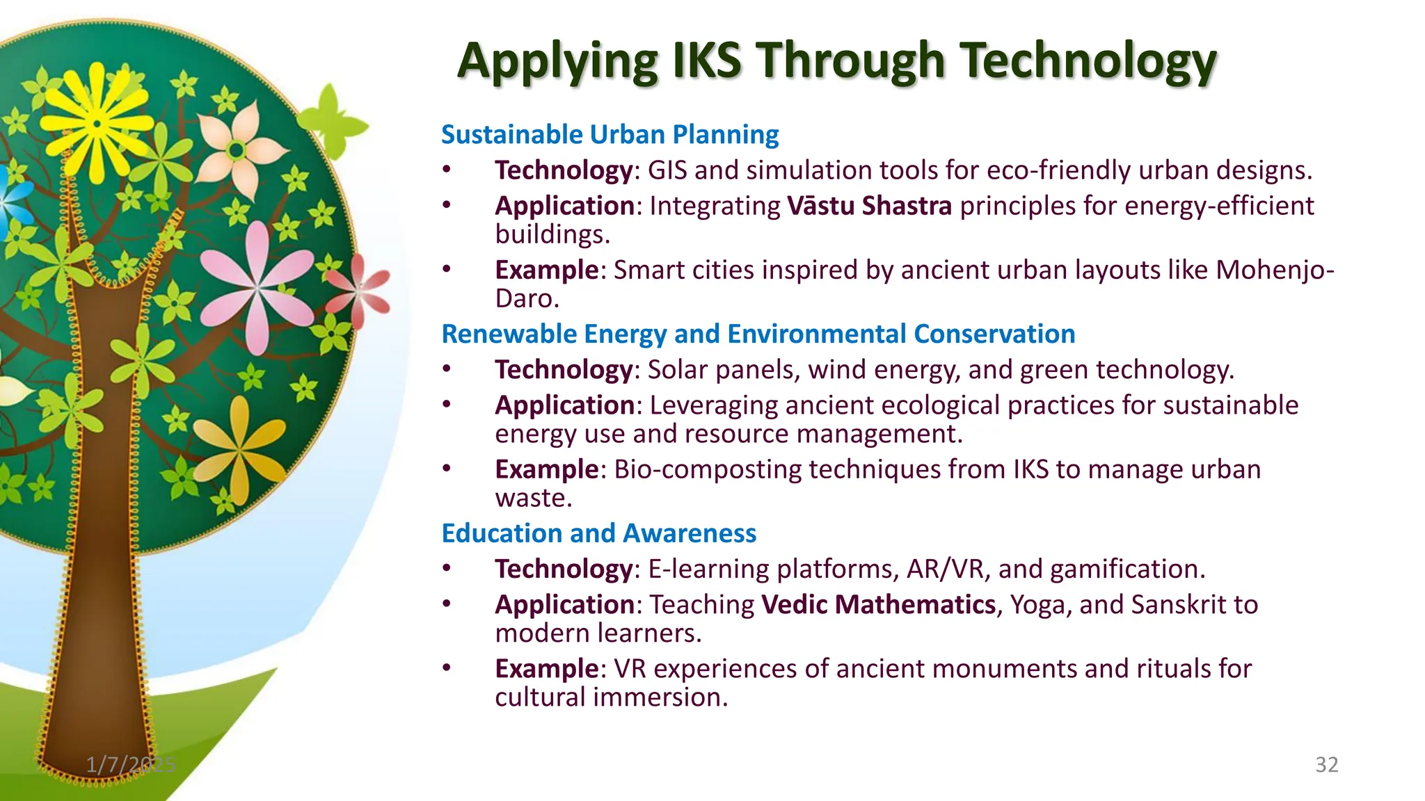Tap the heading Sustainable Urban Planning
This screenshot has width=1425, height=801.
pyautogui.click(x=610, y=134)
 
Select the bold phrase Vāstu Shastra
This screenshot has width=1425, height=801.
pyautogui.click(x=869, y=206)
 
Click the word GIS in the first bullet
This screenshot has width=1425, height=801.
pyautogui.click(x=667, y=170)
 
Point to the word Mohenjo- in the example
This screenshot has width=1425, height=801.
pyautogui.click(x=1275, y=270)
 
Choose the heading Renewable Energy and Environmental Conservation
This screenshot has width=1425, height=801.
pyautogui.click(x=758, y=334)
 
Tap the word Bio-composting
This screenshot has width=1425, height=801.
pyautogui.click(x=707, y=469)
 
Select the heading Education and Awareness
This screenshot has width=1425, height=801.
pyautogui.click(x=598, y=533)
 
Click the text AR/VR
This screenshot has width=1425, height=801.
pyautogui.click(x=946, y=569)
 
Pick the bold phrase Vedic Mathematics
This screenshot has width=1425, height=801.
pyautogui.click(x=878, y=605)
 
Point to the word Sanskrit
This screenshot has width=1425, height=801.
pyautogui.click(x=1179, y=605)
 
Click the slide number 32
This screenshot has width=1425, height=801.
pyautogui.click(x=1326, y=765)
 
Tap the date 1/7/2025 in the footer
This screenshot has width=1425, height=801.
pyautogui.click(x=130, y=765)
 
